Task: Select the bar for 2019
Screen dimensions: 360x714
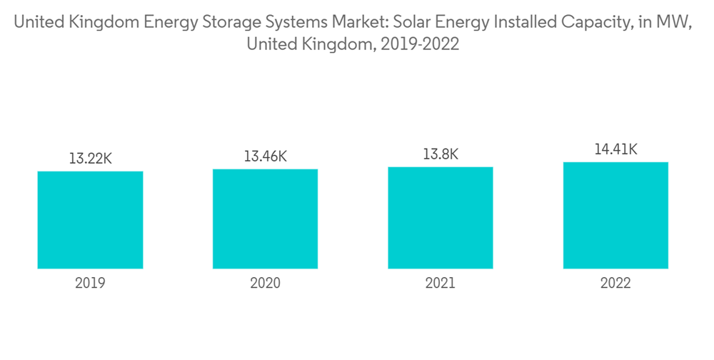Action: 90,220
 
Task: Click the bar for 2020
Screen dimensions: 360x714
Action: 265,219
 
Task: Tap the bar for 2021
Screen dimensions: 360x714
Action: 441,218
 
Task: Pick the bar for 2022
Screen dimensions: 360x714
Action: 615,215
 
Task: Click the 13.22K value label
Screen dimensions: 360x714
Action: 90,159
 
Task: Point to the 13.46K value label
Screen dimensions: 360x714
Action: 265,156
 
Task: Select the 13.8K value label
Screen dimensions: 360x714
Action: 441,154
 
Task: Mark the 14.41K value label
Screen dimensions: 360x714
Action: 615,150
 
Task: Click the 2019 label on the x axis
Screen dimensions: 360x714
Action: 90,284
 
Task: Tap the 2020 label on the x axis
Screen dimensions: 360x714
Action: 265,284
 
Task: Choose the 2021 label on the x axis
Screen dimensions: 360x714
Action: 441,284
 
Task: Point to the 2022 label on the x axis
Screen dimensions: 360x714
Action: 615,284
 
